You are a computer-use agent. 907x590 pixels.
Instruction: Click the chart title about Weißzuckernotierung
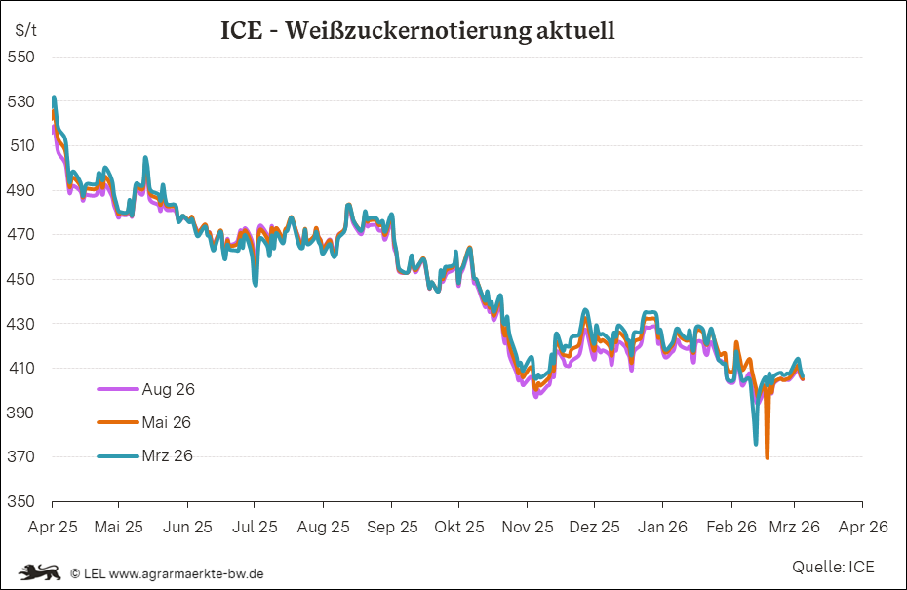417,31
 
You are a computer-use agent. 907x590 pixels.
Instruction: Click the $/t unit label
26,29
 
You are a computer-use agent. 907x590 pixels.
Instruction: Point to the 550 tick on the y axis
21,57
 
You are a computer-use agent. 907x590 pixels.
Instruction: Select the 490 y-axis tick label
21,190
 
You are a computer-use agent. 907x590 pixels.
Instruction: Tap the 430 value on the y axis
21,324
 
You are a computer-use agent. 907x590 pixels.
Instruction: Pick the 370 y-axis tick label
21,457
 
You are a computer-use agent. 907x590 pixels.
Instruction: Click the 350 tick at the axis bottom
21,502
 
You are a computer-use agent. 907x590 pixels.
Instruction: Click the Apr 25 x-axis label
52,527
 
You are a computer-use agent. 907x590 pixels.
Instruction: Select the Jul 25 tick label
256,527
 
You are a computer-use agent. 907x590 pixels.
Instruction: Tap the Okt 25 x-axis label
459,527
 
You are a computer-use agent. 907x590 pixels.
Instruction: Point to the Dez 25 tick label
594,527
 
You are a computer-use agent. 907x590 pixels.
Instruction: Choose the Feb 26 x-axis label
730,527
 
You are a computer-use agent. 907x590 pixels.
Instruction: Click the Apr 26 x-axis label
863,527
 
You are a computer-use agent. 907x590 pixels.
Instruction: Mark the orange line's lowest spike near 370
768,456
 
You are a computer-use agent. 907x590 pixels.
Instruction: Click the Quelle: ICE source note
833,567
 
